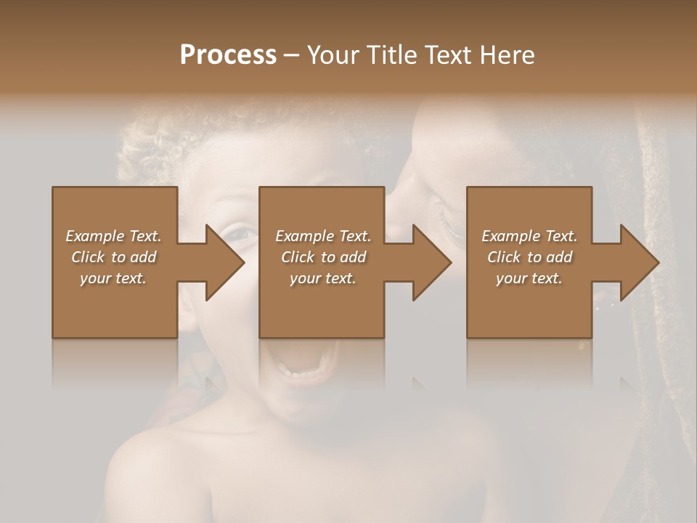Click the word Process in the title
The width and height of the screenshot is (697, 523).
pyautogui.click(x=228, y=55)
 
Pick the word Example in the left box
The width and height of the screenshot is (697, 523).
pyautogui.click(x=95, y=236)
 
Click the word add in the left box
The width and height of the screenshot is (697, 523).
pyautogui.click(x=143, y=257)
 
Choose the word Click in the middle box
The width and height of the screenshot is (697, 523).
pyautogui.click(x=298, y=257)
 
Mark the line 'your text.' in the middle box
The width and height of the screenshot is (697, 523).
pyautogui.click(x=322, y=278)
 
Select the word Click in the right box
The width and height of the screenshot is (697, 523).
pyautogui.click(x=504, y=257)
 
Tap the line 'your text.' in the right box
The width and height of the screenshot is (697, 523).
pyautogui.click(x=529, y=278)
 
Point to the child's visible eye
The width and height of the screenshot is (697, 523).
pyautogui.click(x=240, y=234)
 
